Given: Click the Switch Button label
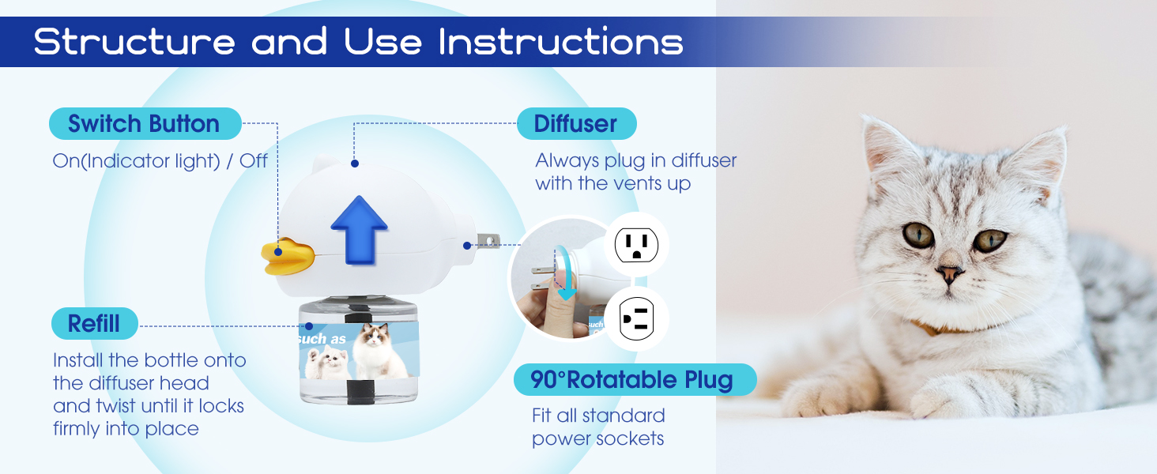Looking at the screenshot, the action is click(x=145, y=123).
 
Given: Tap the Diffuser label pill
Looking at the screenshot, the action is click(x=576, y=123).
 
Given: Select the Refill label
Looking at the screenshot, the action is click(x=95, y=324).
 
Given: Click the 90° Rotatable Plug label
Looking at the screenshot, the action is click(x=635, y=379).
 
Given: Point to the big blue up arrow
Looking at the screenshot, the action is click(x=359, y=231).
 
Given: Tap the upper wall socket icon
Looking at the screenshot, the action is click(x=636, y=245).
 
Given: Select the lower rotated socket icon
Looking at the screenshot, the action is click(x=636, y=318).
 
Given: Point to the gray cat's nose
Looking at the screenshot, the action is click(x=949, y=272).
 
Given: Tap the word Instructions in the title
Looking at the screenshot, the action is click(x=561, y=41).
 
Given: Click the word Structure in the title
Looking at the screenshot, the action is click(x=134, y=41).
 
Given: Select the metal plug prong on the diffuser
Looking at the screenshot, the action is click(x=488, y=241).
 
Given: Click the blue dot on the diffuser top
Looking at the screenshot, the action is click(x=354, y=164).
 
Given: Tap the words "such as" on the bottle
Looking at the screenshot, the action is click(x=322, y=339).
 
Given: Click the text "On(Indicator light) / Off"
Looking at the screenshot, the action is click(x=160, y=161).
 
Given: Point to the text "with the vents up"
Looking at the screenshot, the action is click(x=613, y=183).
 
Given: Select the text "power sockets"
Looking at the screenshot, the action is click(x=598, y=438).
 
